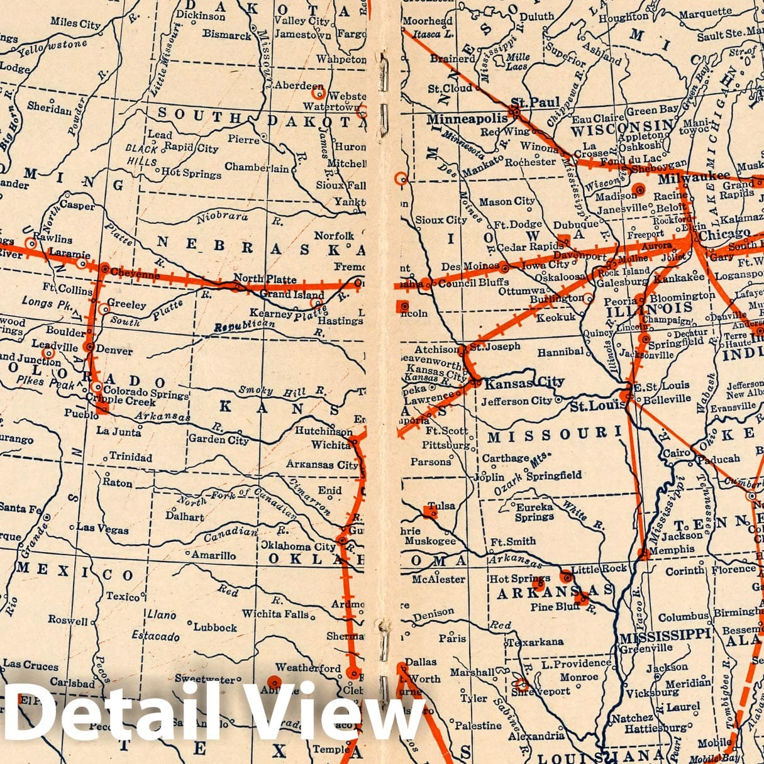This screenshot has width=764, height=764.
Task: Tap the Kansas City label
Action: pyautogui.click(x=524, y=382)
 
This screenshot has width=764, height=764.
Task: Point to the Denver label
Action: pyautogui.click(x=114, y=350)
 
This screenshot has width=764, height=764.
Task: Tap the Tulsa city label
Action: pyautogui.click(x=441, y=505)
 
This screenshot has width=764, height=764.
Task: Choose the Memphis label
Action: pyautogui.click(x=672, y=549)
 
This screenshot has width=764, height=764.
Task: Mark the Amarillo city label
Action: pyautogui.click(x=214, y=555)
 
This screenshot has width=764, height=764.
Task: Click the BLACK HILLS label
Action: pyautogui.click(x=141, y=155)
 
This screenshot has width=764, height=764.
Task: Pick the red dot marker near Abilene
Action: pyautogui.click(x=274, y=682)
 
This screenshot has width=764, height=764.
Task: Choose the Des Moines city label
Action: pyautogui.click(x=470, y=267)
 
